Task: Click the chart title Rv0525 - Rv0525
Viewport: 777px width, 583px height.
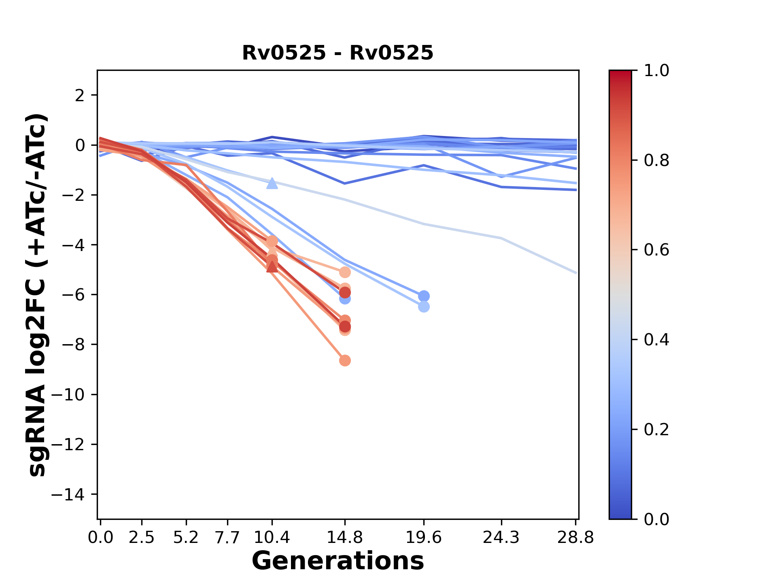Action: coord(338,53)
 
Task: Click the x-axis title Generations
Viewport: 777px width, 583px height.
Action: coord(338,561)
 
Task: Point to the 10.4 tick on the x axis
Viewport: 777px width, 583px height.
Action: coord(272,538)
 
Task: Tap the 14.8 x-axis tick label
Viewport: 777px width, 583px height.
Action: coord(344,538)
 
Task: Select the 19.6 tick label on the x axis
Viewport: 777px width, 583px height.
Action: coord(423,538)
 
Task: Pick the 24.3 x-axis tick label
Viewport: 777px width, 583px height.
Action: coord(501,538)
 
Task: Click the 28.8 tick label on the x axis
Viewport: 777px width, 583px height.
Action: coord(575,538)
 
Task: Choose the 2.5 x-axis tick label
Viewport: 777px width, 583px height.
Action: coord(142,538)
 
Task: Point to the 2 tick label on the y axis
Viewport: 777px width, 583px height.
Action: coord(80,95)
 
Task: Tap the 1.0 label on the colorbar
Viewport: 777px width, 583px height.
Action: coord(656,71)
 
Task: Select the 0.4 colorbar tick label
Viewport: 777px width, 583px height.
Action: coord(656,340)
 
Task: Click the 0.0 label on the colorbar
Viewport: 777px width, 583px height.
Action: coord(656,519)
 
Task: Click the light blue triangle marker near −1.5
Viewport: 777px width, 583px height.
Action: coord(272,183)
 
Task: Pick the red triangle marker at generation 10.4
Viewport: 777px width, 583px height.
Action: coord(272,266)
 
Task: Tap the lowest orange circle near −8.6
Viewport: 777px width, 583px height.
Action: coord(345,360)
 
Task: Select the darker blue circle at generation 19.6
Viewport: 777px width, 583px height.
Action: coord(424,296)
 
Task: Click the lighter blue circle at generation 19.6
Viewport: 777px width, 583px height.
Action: coord(424,307)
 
